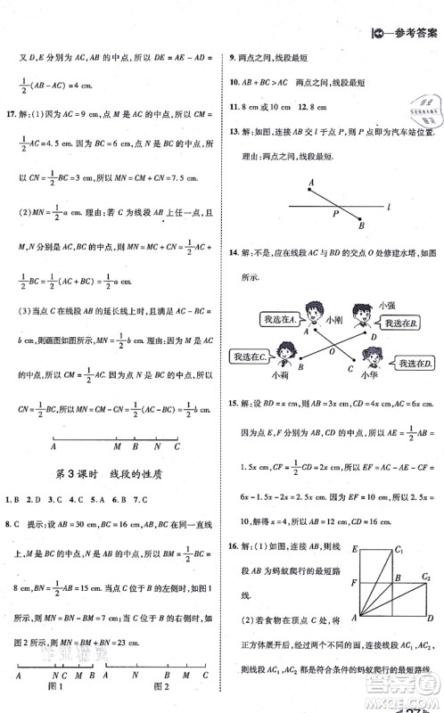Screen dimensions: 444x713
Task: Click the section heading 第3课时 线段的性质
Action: tap(113, 471)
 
